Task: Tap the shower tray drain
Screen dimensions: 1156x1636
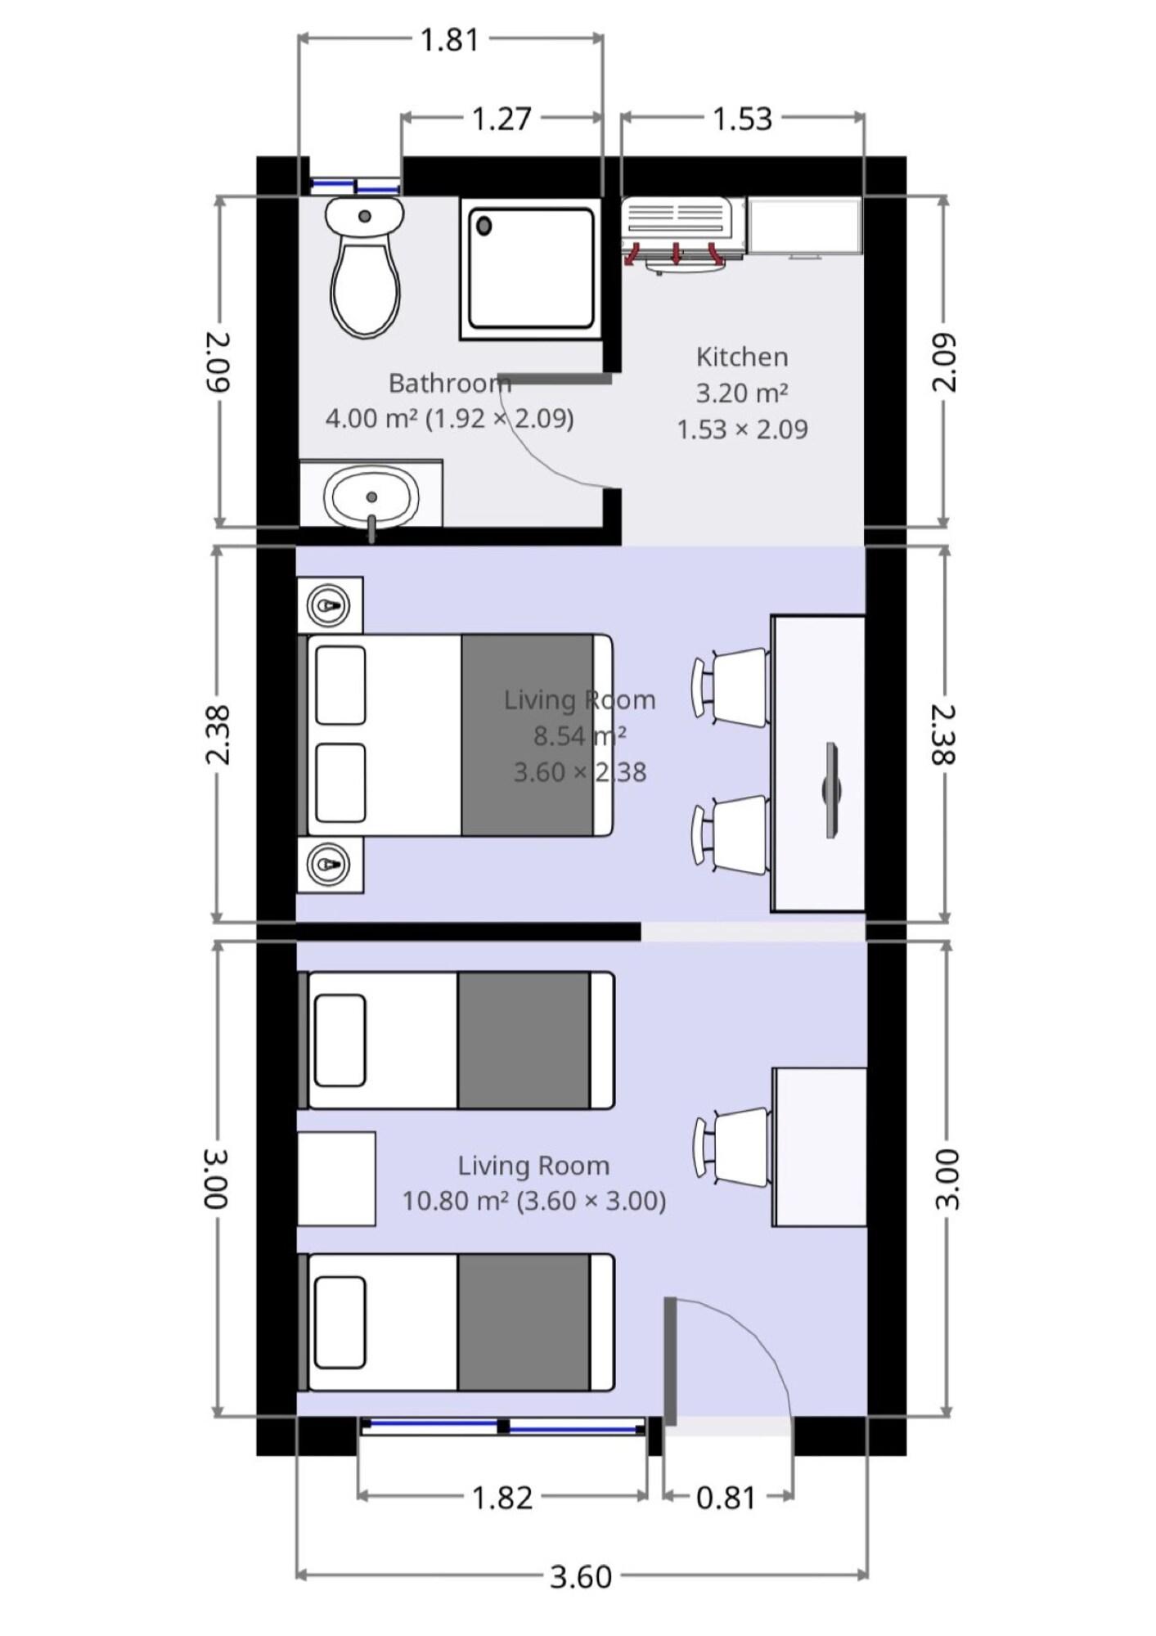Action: point(484,226)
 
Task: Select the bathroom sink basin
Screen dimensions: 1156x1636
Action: point(371,497)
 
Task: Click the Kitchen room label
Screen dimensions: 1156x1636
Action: point(742,357)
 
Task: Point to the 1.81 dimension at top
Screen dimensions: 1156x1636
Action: point(449,39)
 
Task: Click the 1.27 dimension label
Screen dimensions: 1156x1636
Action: point(502,119)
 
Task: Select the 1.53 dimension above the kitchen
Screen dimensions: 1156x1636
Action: point(742,119)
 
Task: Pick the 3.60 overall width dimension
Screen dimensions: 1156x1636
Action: point(581,1576)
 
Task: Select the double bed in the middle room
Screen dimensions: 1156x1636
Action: point(455,735)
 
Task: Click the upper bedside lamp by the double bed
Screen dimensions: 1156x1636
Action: point(329,605)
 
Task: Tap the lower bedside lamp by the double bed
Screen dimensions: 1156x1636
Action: point(329,864)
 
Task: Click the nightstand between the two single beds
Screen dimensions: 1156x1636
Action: point(336,1179)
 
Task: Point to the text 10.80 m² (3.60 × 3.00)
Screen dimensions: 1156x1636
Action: point(534,1201)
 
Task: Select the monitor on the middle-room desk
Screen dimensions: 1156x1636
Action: point(832,789)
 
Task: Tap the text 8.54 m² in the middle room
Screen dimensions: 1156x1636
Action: point(580,735)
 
